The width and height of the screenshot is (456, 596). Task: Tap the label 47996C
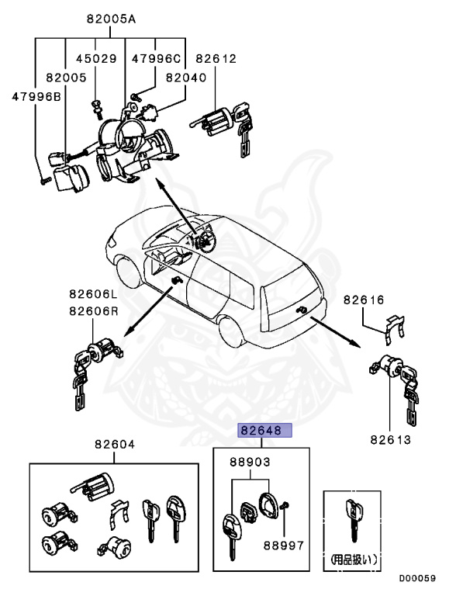(156, 58)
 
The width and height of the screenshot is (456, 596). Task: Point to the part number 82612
(216, 58)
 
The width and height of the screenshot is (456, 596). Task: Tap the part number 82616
(364, 299)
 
